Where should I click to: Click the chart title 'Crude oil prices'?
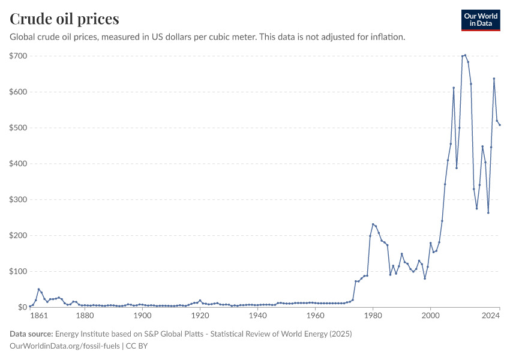click(x=64, y=18)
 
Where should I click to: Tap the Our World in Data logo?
click(x=480, y=20)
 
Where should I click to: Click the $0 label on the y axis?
click(x=22, y=307)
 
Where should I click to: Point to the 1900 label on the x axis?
click(x=142, y=316)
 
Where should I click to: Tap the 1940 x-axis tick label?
click(x=257, y=316)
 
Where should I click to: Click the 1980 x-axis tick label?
click(x=373, y=316)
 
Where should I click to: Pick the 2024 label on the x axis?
click(x=491, y=316)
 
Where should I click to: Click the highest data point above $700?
click(x=465, y=55)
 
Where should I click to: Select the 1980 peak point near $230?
click(x=373, y=224)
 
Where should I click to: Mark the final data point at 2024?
click(x=500, y=125)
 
